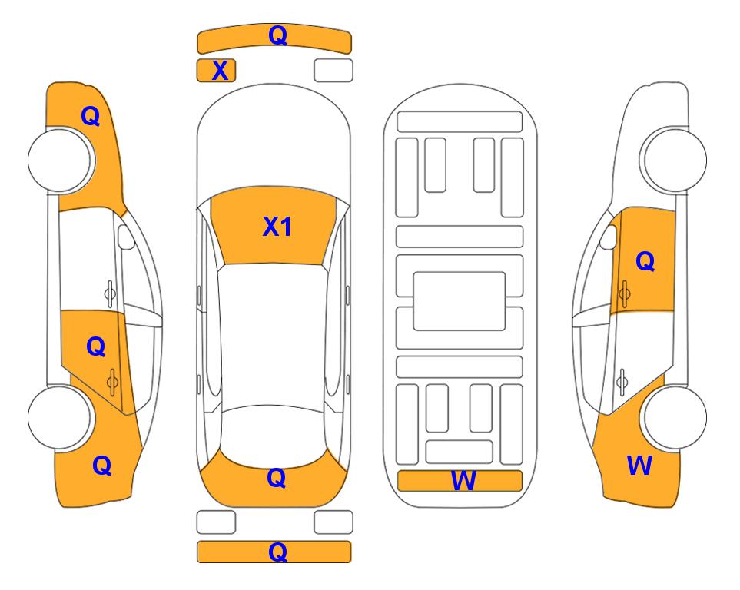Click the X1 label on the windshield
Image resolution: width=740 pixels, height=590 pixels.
pyautogui.click(x=277, y=227)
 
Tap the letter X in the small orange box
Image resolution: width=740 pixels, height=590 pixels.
pyautogui.click(x=220, y=71)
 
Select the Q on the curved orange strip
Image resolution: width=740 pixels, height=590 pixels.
pyautogui.click(x=277, y=35)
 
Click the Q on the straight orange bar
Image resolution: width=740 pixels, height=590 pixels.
pyautogui.click(x=277, y=552)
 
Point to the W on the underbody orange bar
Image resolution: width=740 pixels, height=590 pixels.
pyautogui.click(x=463, y=481)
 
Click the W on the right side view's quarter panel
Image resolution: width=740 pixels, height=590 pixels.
pyautogui.click(x=639, y=466)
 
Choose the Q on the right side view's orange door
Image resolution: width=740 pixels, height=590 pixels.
pyautogui.click(x=645, y=261)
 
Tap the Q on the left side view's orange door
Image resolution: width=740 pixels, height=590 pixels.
pyautogui.click(x=96, y=347)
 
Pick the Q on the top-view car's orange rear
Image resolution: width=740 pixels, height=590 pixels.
pyautogui.click(x=277, y=478)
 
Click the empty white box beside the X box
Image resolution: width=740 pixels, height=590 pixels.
pyautogui.click(x=333, y=71)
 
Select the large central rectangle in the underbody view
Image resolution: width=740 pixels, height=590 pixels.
pyautogui.click(x=460, y=301)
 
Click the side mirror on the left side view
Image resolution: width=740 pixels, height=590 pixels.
pyautogui.click(x=125, y=237)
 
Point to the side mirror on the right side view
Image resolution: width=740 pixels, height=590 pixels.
pyautogui.click(x=608, y=237)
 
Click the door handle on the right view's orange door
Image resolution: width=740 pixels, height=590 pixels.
pyautogui.click(x=624, y=293)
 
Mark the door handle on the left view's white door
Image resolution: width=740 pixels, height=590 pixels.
pyautogui.click(x=110, y=293)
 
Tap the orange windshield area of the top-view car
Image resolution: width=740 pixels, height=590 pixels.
pyautogui.click(x=274, y=226)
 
